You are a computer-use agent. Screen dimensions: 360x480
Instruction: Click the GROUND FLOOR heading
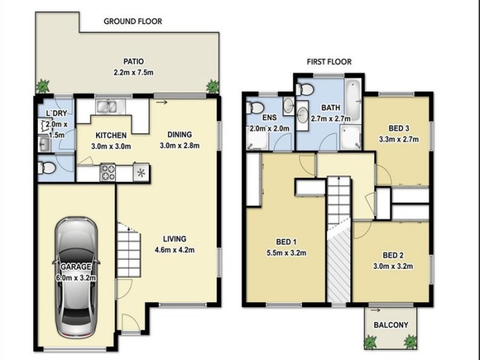pyautogui.click(x=133, y=22)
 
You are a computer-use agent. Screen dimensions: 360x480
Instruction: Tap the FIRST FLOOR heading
pyautogui.click(x=329, y=62)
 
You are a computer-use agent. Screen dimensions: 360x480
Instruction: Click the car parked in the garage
pyautogui.click(x=77, y=278)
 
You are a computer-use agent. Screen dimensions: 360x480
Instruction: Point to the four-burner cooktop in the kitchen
pyautogui.click(x=109, y=172)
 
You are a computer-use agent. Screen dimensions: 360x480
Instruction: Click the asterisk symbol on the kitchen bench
pyautogui.click(x=141, y=173)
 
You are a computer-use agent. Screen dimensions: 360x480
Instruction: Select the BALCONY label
pyautogui.click(x=391, y=325)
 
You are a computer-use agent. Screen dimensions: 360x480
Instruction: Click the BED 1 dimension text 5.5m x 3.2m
pyautogui.click(x=287, y=253)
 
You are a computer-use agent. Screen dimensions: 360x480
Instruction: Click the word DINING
pyautogui.click(x=179, y=134)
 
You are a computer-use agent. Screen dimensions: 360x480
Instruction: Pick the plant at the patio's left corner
pyautogui.click(x=43, y=86)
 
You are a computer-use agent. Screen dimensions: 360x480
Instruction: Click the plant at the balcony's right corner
pyautogui.click(x=410, y=342)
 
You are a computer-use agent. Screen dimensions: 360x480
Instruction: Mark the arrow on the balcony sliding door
pyautogui.click(x=375, y=310)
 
